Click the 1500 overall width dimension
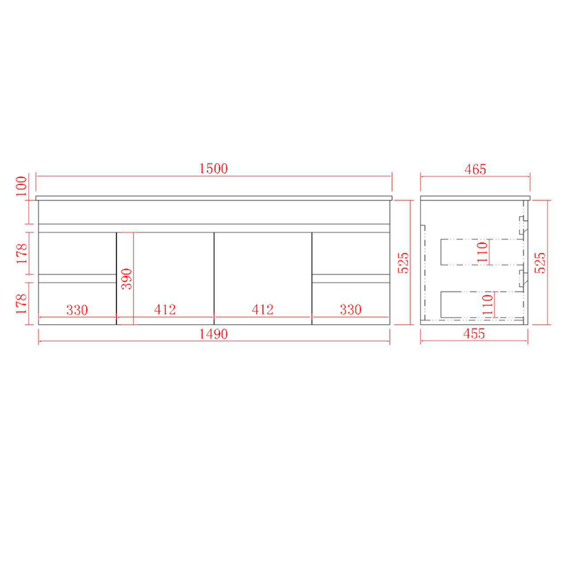[213, 169]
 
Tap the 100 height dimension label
[21, 186]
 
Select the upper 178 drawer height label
[21, 252]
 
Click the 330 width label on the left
[77, 310]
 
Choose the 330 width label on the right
[350, 310]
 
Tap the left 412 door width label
[165, 310]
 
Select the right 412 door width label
[262, 310]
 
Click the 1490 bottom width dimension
[213, 334]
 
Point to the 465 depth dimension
[474, 169]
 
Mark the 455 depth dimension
[474, 334]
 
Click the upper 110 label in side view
[483, 251]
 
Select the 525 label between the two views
[403, 262]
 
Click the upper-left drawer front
[77, 252]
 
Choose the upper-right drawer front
[351, 252]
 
